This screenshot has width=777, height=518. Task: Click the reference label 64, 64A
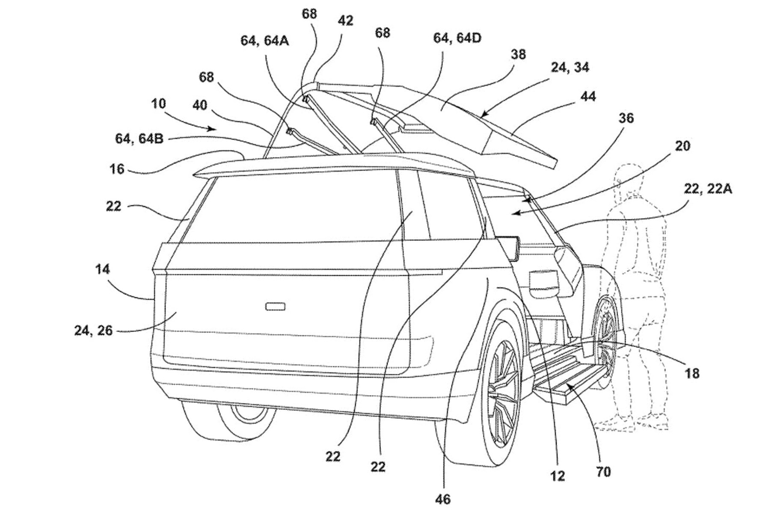[x=264, y=41]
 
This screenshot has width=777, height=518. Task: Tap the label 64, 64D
[x=457, y=38]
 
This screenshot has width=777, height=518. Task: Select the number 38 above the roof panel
[x=518, y=55]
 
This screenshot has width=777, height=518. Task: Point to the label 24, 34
[x=569, y=68]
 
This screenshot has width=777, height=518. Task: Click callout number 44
[x=588, y=97]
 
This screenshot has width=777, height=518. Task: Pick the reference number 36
[x=626, y=118]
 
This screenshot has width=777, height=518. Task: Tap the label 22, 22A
[x=708, y=189]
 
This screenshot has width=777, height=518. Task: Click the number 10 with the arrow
[x=158, y=104]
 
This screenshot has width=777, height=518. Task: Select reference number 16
[x=116, y=169]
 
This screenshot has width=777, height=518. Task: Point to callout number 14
[x=102, y=269]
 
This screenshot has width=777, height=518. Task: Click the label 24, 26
[x=93, y=330]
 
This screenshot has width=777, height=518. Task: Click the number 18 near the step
[x=692, y=373]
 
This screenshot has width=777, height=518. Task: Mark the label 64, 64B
[x=139, y=139]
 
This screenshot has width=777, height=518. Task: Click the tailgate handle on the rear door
[x=276, y=306]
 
